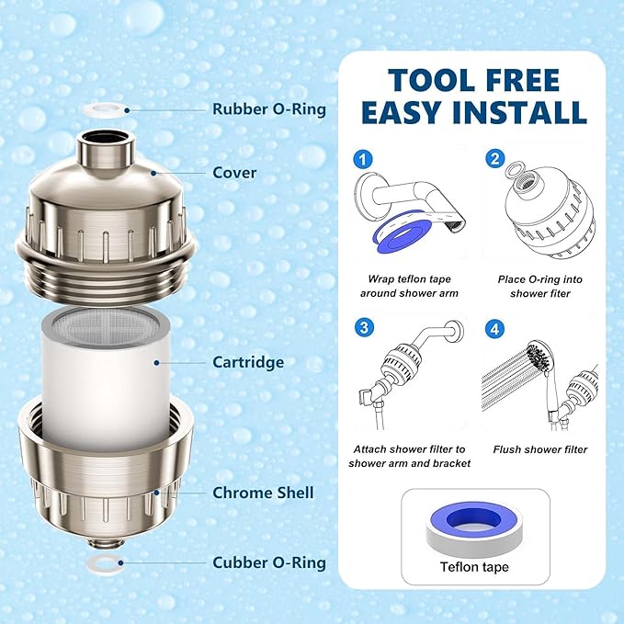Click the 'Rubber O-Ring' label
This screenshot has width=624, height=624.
(269, 109)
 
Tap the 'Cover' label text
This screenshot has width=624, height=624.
(234, 172)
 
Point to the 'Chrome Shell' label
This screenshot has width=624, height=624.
(263, 493)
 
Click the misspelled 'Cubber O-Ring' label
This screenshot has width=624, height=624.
(269, 562)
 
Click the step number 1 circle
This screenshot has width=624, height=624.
(365, 160)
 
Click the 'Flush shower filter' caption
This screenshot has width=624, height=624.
(539, 449)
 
